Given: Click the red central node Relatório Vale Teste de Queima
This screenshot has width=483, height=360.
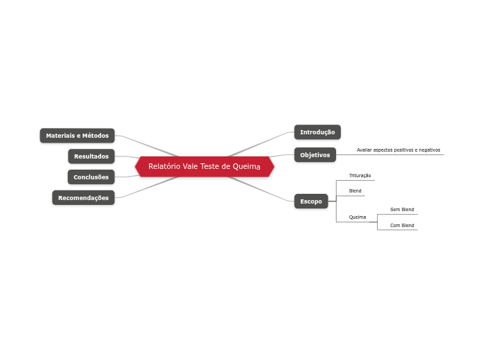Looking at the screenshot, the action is [x=204, y=167].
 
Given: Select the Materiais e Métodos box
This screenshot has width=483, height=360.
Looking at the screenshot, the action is [x=77, y=136].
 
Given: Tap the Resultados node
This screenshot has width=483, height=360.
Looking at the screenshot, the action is [x=91, y=156].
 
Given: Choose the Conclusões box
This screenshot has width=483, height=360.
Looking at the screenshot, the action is [x=91, y=177].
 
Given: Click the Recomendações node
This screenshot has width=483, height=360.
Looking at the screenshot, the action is [x=83, y=198].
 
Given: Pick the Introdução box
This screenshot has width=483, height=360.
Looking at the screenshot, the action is [x=317, y=132].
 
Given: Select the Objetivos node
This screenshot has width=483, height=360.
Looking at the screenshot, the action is [x=315, y=155].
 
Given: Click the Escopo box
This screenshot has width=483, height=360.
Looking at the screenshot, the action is [x=311, y=201].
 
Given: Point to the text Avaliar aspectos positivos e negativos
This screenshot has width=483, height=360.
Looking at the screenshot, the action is [x=398, y=150].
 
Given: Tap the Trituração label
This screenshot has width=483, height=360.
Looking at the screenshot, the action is [x=360, y=176].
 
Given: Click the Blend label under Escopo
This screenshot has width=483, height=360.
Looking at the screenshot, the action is [x=355, y=191].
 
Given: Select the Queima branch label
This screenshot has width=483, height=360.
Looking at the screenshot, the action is [x=357, y=217].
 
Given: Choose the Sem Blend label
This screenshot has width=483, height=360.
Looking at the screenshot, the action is [x=402, y=209].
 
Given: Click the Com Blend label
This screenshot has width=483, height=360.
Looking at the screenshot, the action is [x=402, y=226].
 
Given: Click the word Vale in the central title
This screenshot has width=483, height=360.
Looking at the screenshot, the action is [x=190, y=167].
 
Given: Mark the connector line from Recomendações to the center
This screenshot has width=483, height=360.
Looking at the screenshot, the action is [x=149, y=187].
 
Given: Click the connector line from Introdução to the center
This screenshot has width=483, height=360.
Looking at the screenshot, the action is [x=260, y=142].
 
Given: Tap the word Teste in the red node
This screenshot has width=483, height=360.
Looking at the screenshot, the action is [x=210, y=167].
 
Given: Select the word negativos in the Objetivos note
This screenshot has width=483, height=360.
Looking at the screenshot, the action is [x=430, y=150].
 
